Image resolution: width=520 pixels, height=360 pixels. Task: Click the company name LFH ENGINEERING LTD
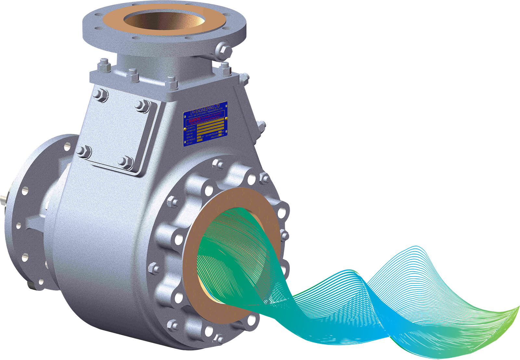(205, 109)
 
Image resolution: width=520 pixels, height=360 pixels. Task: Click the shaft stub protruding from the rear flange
(4, 196)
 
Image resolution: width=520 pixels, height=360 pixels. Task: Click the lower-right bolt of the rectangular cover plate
(125, 161)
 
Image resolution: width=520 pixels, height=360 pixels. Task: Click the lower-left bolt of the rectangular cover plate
(83, 151)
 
